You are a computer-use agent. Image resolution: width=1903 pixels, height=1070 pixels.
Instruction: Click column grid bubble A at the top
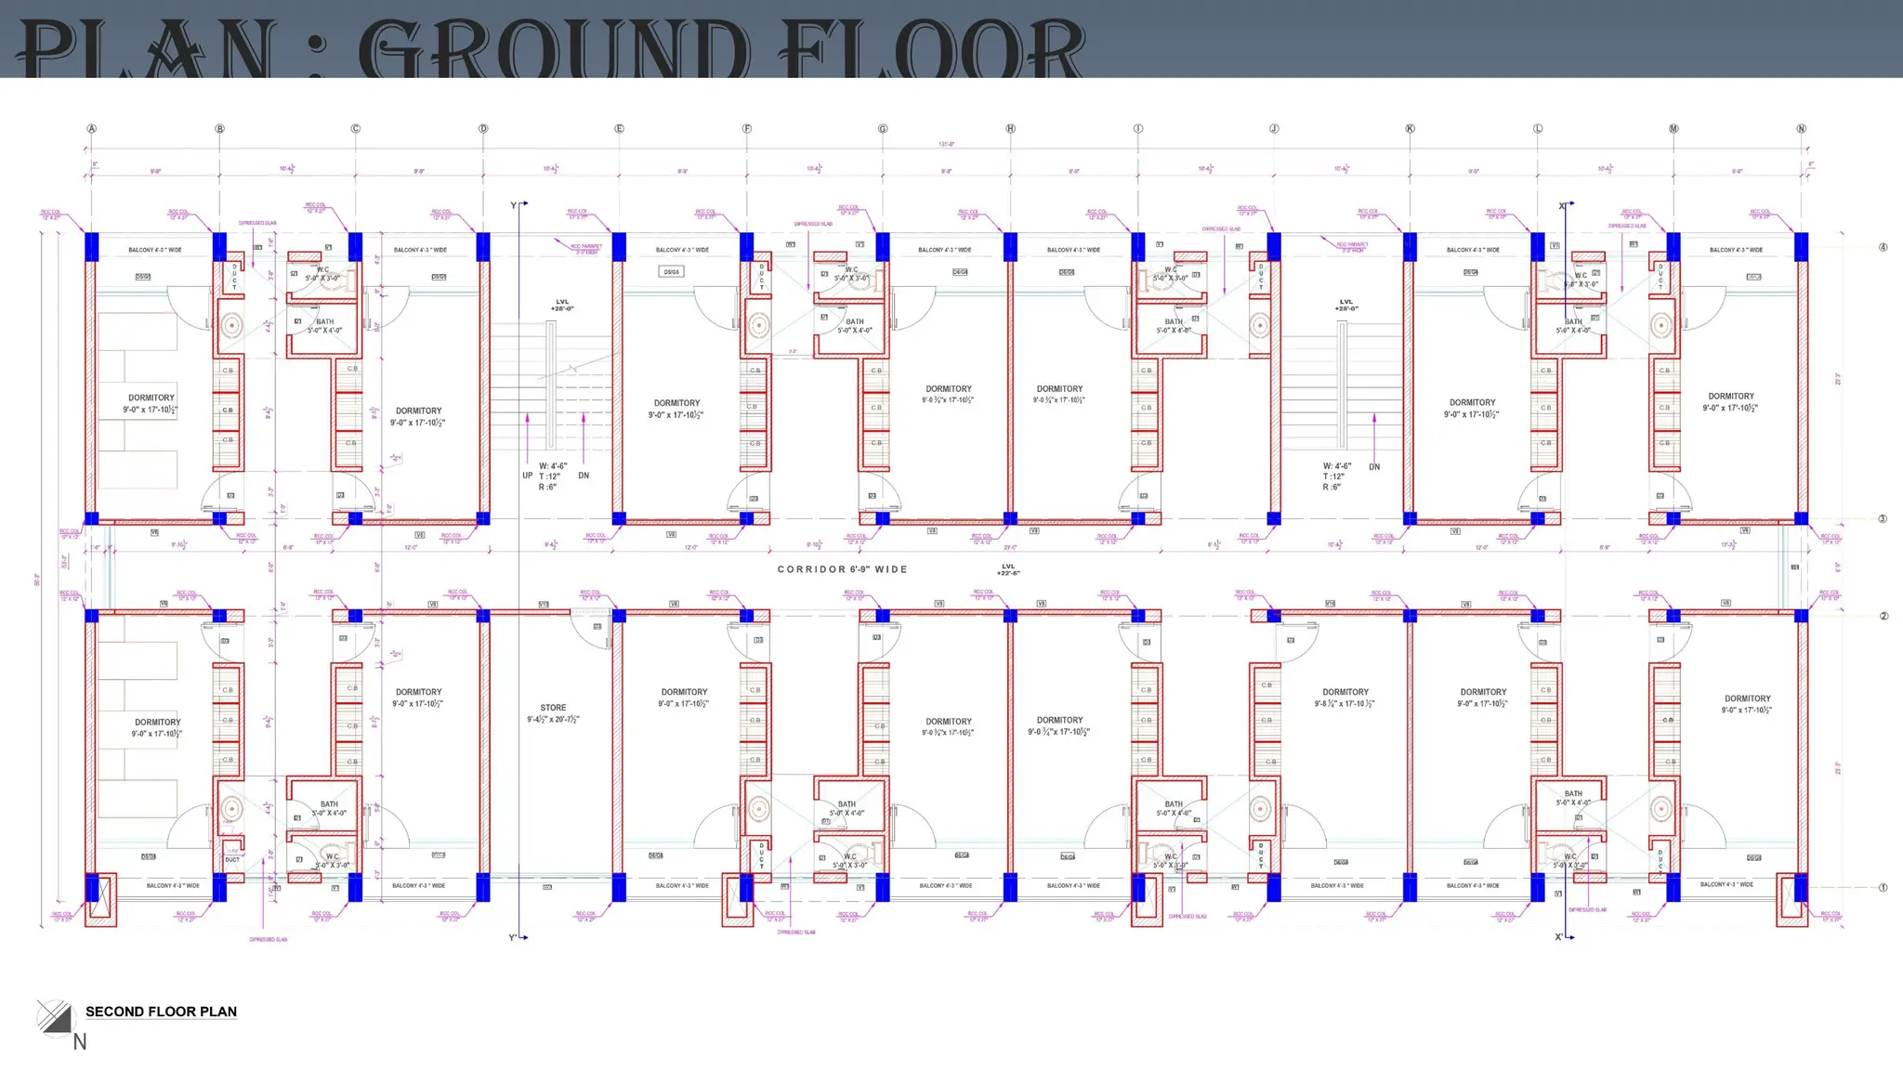pos(91,129)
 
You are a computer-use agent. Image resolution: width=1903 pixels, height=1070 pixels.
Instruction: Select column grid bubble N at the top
pos(1801,129)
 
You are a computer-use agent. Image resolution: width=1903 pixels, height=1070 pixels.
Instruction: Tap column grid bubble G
pos(883,129)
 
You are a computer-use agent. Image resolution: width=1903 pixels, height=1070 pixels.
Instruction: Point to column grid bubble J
pos(1274,129)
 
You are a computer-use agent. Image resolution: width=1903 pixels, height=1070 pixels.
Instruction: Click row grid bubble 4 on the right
pos(1883,247)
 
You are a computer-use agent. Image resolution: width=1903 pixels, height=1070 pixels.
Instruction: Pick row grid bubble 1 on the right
pos(1883,888)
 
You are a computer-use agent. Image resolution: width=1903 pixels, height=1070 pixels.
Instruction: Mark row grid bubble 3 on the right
pos(1883,519)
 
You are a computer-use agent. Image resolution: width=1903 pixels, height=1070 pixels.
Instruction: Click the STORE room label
pos(553,708)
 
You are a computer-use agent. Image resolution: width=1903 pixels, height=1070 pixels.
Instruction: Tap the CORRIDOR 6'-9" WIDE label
pos(842,569)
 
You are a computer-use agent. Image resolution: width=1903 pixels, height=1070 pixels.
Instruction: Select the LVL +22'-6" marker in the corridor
pos(1008,569)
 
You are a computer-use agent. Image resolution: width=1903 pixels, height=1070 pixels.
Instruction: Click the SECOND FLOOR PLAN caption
pos(161,1011)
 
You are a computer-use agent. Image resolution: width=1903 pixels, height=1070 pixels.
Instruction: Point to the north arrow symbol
pos(54,1016)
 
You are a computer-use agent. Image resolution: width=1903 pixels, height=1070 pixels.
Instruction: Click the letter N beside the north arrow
pos(80,1042)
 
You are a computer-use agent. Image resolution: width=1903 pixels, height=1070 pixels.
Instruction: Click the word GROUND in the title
pos(554,50)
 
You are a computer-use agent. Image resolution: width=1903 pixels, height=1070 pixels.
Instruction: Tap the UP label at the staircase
pos(528,476)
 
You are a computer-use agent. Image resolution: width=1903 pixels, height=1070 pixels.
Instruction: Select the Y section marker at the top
pos(514,205)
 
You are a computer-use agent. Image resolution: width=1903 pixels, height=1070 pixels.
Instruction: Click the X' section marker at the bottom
pos(1559,937)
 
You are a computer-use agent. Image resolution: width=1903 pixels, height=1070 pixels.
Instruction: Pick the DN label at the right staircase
pos(1374,467)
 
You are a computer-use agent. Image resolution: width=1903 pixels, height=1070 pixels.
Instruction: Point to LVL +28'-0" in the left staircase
pos(562,305)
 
